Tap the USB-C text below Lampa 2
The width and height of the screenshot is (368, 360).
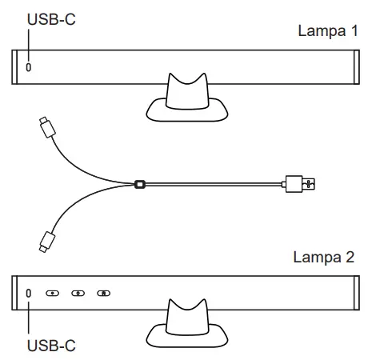click(x=50, y=346)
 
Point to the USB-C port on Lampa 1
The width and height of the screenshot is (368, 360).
click(x=30, y=67)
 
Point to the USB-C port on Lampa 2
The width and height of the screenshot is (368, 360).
click(x=30, y=293)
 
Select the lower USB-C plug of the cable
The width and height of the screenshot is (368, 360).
click(x=45, y=238)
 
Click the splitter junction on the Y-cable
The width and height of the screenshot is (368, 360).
click(x=141, y=183)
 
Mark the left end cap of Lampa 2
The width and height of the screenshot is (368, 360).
click(x=17, y=293)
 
